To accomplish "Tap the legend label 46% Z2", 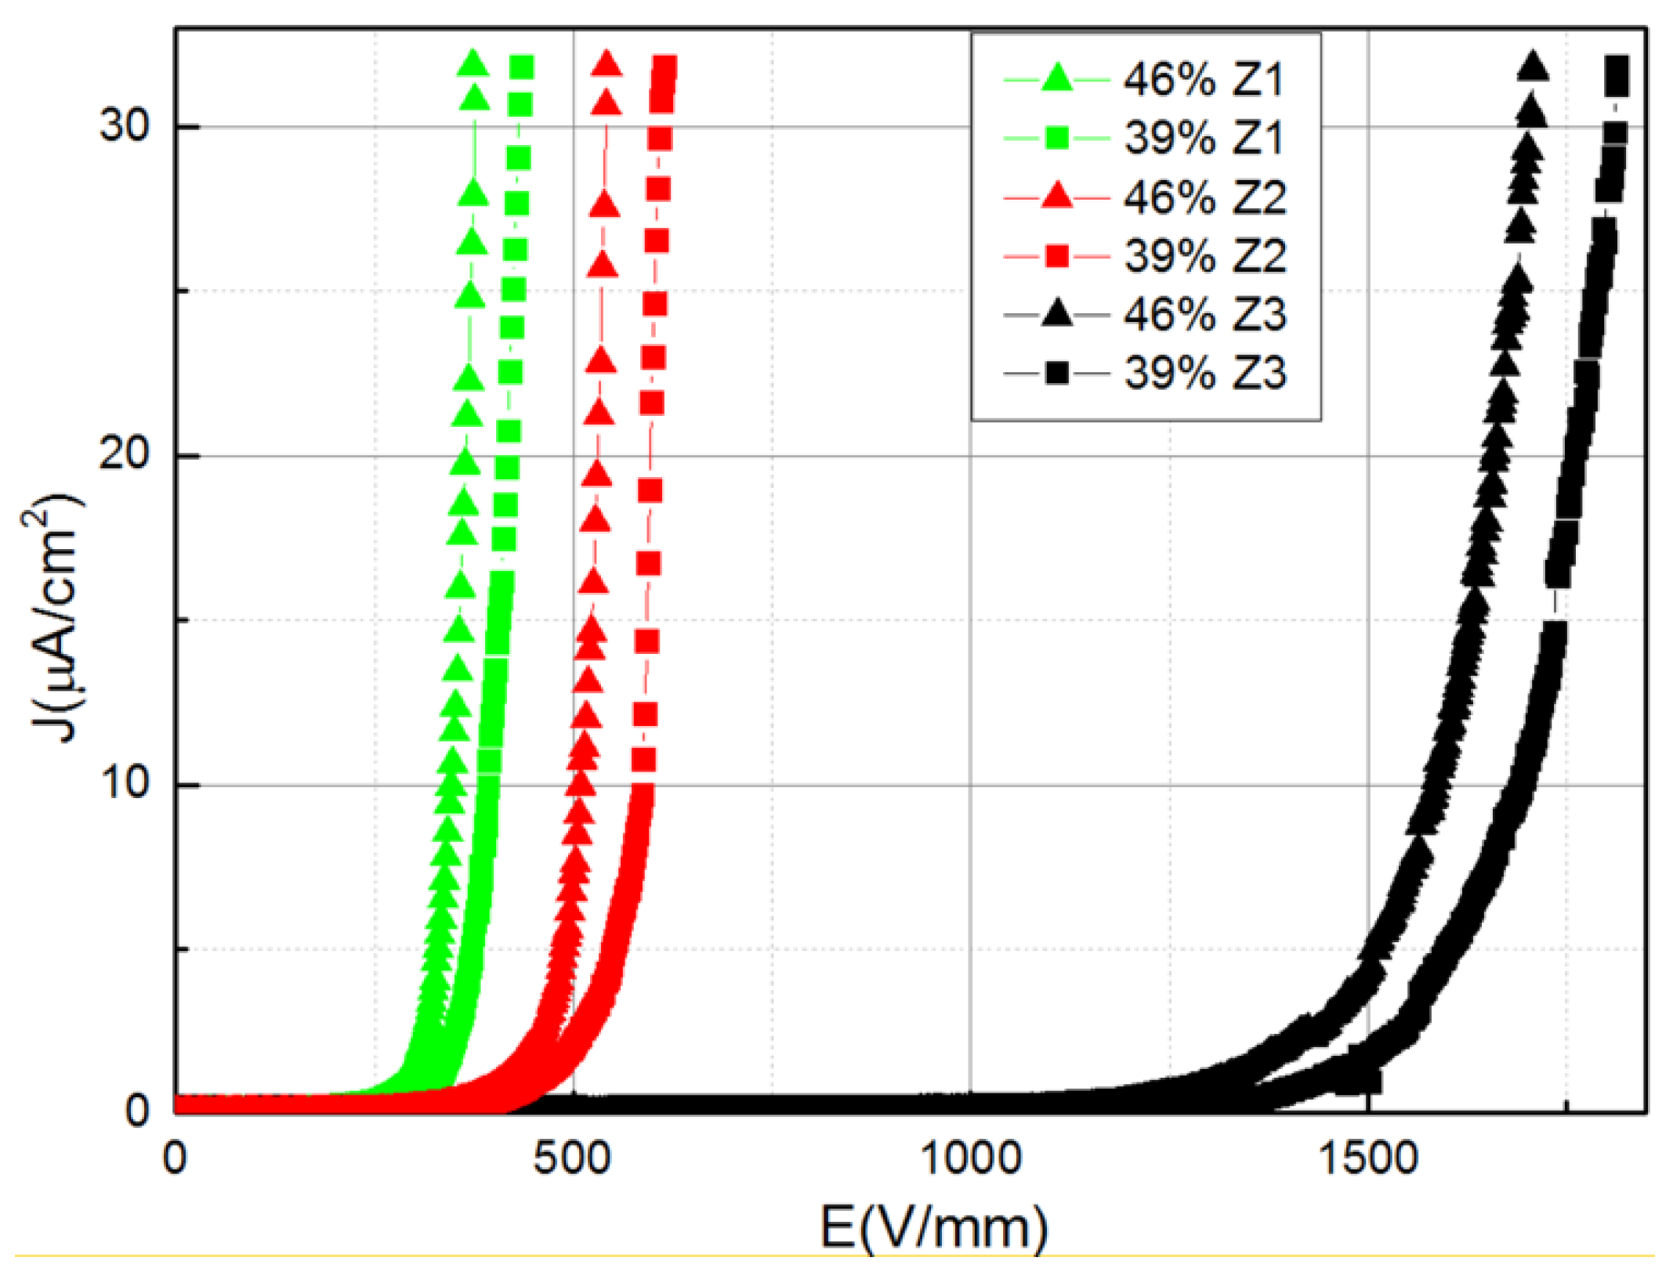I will coord(1204,197).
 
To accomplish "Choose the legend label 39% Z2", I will coord(1204,256).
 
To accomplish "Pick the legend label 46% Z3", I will coord(1204,315).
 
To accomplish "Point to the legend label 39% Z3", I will coord(1204,373).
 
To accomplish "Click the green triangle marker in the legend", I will coord(1057,78).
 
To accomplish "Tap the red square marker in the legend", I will coord(1057,256).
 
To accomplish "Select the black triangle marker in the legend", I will coord(1057,313).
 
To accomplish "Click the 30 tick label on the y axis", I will coord(124,125).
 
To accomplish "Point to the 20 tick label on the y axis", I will coord(124,454).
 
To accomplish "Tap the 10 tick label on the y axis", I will coord(124,783).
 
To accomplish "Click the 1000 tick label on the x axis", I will coord(970,1158).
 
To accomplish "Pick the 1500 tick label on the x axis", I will coord(1368,1158).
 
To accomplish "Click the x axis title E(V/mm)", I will coord(933,1227).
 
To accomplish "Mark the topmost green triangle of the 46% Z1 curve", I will coord(473,63).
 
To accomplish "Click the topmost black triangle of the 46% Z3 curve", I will coord(1533,67).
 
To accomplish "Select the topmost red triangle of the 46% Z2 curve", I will coord(606,63).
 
